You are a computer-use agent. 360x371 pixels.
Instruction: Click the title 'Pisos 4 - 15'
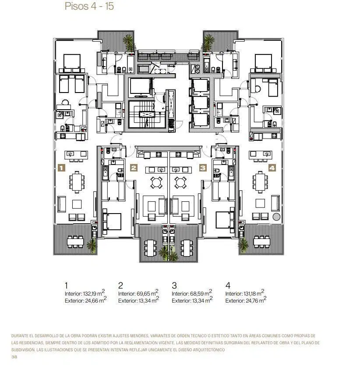[89, 6]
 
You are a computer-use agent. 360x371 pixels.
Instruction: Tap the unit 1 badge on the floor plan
[61, 168]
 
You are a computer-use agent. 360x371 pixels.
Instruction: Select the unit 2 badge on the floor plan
[134, 168]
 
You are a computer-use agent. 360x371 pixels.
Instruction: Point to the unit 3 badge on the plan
[203, 168]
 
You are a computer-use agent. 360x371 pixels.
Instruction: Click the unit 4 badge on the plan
[272, 168]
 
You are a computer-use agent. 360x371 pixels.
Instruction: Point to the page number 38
[14, 357]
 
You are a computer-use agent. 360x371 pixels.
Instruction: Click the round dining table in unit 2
[156, 183]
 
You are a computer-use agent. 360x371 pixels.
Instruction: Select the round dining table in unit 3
[180, 183]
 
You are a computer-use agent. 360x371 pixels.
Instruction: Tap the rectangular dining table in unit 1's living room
[77, 182]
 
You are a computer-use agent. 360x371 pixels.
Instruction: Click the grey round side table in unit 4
[276, 217]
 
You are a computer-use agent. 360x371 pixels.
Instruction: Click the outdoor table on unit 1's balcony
[75, 242]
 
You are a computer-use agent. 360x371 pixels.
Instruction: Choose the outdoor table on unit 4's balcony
[262, 242]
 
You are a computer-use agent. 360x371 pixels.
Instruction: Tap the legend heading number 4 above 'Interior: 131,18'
[228, 285]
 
